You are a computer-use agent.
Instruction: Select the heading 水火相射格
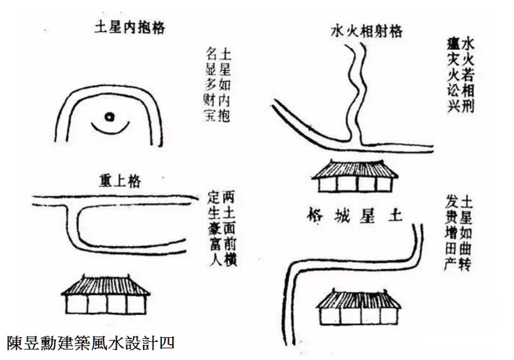coord(367,31)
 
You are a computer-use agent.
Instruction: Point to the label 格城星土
coord(354,215)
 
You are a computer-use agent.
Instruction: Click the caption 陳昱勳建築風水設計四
coord(90,343)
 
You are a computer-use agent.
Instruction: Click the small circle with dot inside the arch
coord(108,117)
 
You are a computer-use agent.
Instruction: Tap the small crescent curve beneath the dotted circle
coord(109,129)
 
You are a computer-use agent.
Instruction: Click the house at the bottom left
coord(108,295)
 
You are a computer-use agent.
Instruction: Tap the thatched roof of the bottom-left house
coord(108,284)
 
